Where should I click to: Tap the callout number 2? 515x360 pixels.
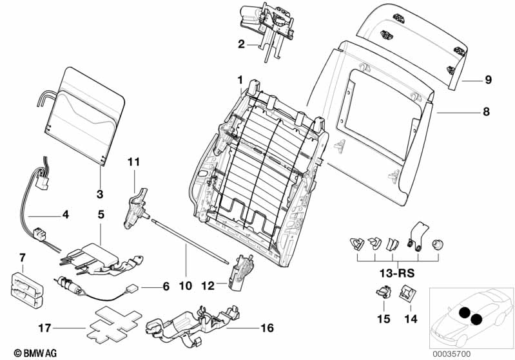coord(241,44)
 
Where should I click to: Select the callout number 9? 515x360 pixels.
coord(487,81)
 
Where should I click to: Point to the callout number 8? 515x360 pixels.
coord(486,111)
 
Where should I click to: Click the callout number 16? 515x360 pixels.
coord(267,328)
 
